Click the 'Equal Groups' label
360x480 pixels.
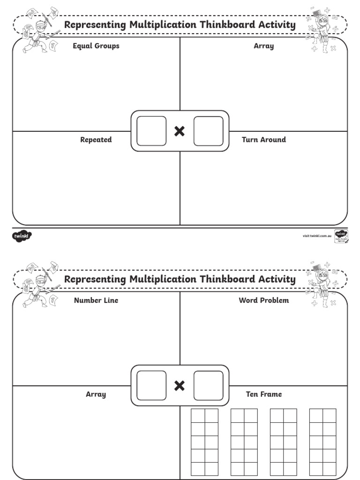[96, 46]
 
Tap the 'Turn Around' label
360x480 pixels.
[263, 140]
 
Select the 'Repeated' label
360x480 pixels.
[96, 140]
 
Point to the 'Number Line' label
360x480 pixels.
[96, 300]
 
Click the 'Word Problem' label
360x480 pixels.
[263, 300]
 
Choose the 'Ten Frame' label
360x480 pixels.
[263, 394]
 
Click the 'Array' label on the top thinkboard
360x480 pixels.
[263, 46]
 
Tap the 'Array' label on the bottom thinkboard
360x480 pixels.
[96, 394]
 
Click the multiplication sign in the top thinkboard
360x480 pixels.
[179, 131]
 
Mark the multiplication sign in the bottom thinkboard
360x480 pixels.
[179, 386]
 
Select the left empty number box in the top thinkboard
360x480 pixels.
[151, 131]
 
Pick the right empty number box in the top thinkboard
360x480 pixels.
[209, 131]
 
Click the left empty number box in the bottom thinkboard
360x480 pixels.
[151, 386]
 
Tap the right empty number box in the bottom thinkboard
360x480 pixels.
[209, 386]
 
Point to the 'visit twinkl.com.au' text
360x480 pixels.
[317, 236]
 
